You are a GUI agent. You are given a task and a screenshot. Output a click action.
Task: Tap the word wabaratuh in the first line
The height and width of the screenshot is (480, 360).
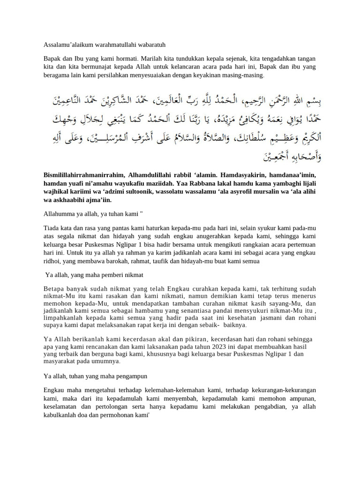pyautogui.click(x=150, y=45)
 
